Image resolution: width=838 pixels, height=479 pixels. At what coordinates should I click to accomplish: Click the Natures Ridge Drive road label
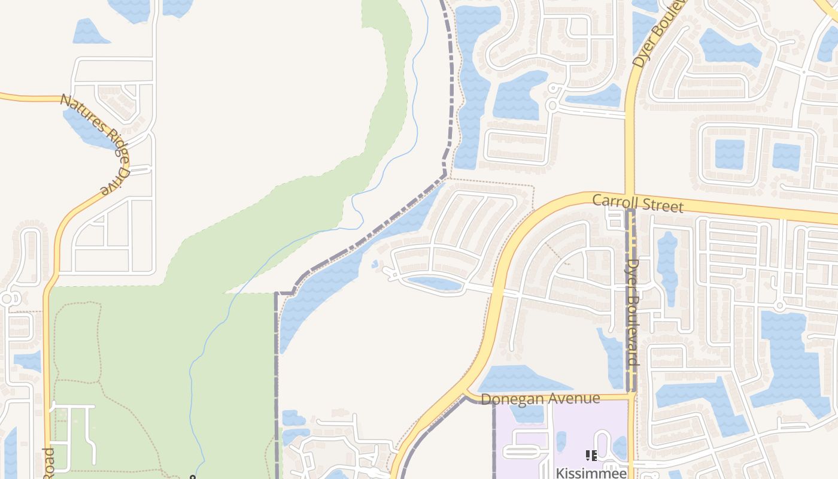pyautogui.click(x=96, y=144)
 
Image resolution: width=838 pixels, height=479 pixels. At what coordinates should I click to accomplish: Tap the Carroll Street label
pyautogui.click(x=637, y=202)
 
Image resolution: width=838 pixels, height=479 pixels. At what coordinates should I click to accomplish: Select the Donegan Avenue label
pyautogui.click(x=540, y=399)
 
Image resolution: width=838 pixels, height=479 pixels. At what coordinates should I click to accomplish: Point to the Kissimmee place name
pyautogui.click(x=591, y=472)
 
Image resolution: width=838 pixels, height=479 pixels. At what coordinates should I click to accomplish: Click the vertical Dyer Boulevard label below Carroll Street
pyautogui.click(x=633, y=311)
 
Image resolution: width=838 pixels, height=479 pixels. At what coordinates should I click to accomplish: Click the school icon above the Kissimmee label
pyautogui.click(x=591, y=456)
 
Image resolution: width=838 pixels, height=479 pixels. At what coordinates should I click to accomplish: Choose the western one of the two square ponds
pyautogui.click(x=730, y=154)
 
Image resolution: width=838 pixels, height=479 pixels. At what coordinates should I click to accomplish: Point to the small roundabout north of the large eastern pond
pyautogui.click(x=779, y=305)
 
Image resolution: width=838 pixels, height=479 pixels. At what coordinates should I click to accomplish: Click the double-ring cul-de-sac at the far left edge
pyautogui.click(x=7, y=298)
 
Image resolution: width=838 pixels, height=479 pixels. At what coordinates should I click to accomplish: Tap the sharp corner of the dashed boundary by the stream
pyautogui.click(x=445, y=174)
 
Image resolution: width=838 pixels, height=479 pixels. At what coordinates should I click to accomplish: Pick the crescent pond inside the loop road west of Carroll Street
pyautogui.click(x=434, y=283)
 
